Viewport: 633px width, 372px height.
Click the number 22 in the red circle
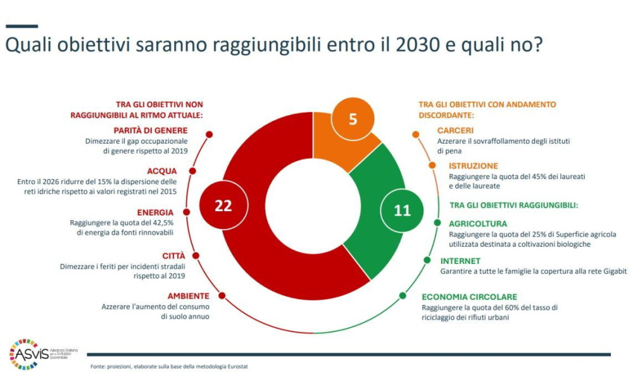click(223, 206)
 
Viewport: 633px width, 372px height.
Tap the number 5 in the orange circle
click(353, 119)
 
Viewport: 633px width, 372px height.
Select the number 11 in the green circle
click(402, 210)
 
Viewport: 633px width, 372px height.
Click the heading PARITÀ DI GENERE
click(151, 130)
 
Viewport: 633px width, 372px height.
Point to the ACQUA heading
click(162, 171)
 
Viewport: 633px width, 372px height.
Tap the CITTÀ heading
click(173, 256)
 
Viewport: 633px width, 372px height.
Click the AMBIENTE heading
click(189, 295)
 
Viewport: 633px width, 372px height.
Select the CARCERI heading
click(455, 130)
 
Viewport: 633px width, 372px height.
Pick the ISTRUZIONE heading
click(473, 166)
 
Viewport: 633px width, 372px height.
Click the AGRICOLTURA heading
click(478, 224)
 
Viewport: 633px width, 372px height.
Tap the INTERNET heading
click(460, 261)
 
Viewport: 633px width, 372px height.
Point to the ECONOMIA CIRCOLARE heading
click(470, 297)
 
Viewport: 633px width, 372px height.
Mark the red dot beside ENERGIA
click(187, 212)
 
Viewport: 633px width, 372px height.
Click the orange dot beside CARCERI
click(415, 134)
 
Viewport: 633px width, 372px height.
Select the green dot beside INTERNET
click(427, 260)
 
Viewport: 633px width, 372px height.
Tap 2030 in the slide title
click(417, 45)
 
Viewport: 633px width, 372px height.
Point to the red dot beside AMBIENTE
click(222, 295)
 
